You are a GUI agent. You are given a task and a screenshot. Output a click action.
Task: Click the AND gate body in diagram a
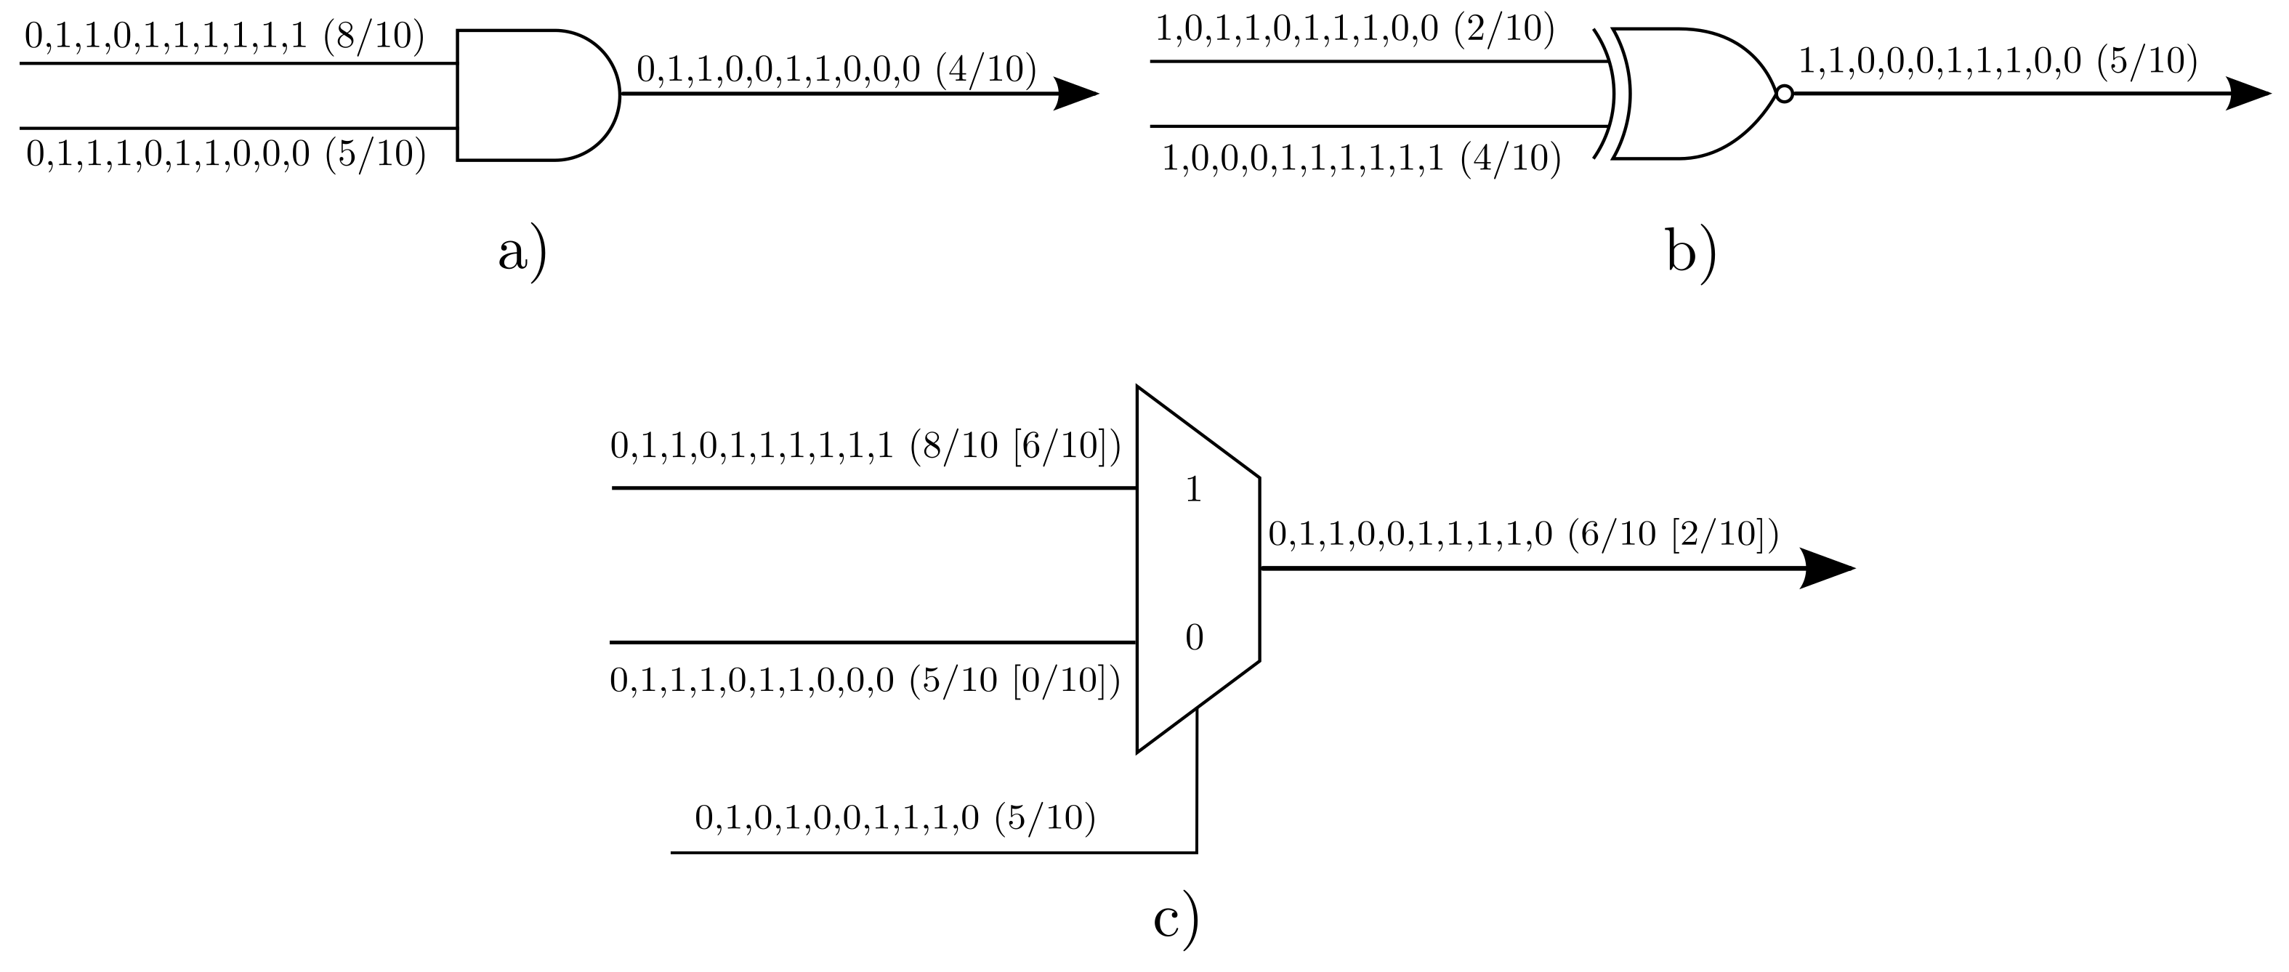(x=533, y=95)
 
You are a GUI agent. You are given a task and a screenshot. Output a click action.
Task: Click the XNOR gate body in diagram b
(x=1688, y=93)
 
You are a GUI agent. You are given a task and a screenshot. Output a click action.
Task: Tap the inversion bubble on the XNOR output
(x=1783, y=93)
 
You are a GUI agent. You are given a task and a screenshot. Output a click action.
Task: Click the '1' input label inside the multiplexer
(x=1193, y=490)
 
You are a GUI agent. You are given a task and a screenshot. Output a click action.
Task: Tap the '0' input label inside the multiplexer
(x=1194, y=637)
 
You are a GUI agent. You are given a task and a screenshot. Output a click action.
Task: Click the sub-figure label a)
(x=522, y=254)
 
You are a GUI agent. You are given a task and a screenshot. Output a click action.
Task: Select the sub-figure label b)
(x=1691, y=254)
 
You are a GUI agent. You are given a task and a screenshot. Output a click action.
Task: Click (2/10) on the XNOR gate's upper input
(x=1504, y=29)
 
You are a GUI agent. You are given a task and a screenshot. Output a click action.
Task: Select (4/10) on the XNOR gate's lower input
(x=1511, y=160)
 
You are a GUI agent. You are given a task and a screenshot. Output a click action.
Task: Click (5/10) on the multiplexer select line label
(x=1045, y=817)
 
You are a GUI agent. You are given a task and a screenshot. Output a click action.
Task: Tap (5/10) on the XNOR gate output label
(x=2147, y=60)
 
